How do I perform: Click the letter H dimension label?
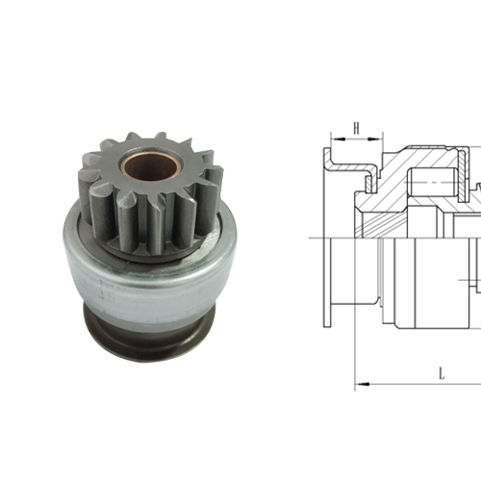click(x=356, y=127)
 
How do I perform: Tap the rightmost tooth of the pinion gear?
click(x=214, y=183)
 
